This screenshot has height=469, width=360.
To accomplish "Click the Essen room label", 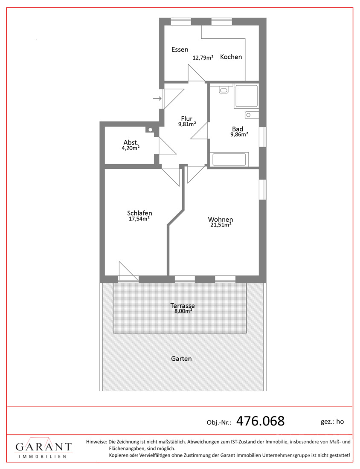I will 180,49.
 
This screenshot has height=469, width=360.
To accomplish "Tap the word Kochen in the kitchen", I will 231,57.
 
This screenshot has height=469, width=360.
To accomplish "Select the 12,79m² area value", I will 203,58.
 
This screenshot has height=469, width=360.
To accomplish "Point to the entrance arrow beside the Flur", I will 157,99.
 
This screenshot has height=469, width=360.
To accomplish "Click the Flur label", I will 187,119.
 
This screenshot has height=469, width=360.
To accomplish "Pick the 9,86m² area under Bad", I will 239,134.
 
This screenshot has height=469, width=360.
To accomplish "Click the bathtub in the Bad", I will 229,160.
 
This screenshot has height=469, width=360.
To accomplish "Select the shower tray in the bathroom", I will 246,96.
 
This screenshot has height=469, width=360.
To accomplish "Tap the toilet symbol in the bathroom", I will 224,90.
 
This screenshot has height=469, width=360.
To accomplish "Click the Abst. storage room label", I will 131,143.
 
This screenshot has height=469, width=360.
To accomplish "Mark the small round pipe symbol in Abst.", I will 151,130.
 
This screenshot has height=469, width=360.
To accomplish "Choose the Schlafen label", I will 139,213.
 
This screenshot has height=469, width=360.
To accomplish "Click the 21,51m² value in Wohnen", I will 220,225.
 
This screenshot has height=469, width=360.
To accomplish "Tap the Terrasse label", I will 182,306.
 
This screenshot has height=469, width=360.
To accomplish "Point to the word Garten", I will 181,359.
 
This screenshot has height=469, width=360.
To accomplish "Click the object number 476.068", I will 260,421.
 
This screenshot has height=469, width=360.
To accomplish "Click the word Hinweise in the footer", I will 96,442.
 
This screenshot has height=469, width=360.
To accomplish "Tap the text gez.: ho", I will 332,421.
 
